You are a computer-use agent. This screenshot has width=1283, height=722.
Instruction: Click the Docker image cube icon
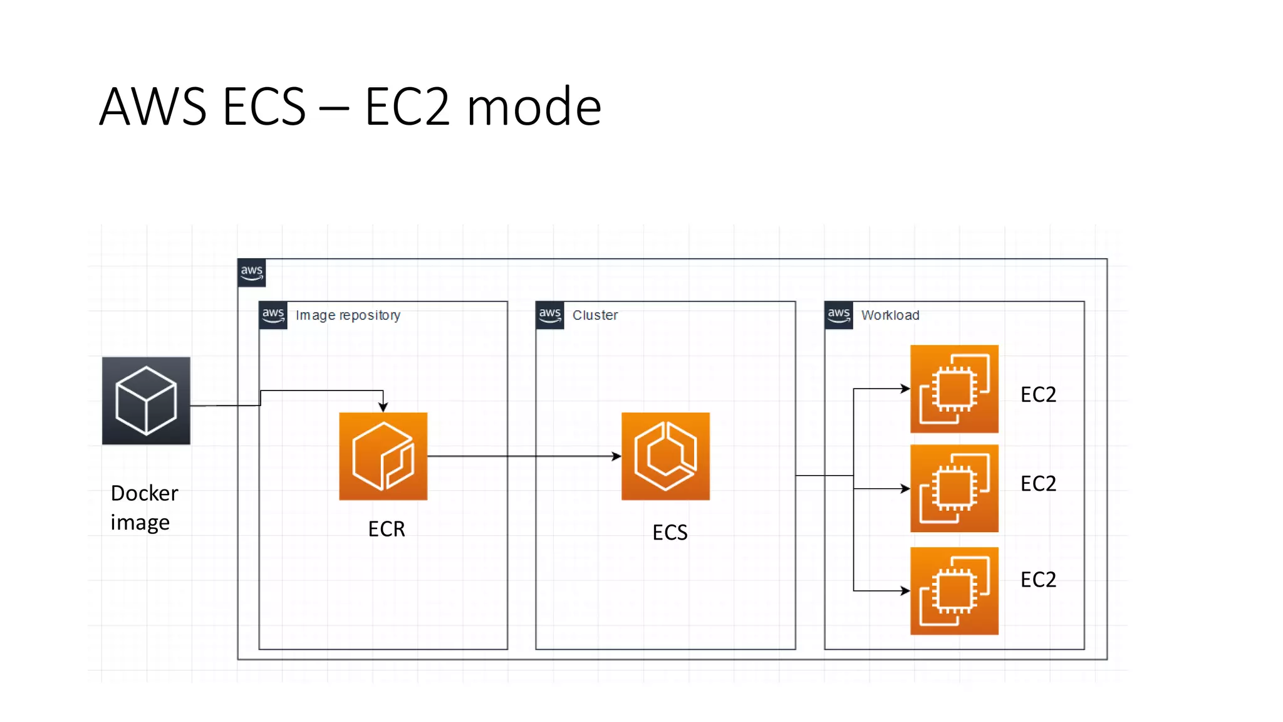coord(146,401)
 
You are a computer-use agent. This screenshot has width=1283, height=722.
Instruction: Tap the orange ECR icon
coord(383,456)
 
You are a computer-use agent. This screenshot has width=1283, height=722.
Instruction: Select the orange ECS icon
coord(665,456)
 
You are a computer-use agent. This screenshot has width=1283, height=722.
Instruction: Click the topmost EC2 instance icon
coord(954,389)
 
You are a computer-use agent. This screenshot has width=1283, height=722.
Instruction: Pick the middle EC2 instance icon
coord(954,488)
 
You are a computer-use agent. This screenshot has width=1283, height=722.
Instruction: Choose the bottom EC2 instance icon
coord(954,591)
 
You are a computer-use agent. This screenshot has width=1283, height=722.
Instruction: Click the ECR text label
coord(387,529)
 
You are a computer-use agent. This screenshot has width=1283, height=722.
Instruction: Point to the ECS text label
coord(670,532)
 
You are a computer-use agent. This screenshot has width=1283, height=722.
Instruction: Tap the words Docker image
coord(144,507)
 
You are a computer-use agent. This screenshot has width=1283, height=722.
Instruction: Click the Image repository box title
coord(348,315)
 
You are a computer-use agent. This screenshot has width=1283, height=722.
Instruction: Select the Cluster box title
coord(595,315)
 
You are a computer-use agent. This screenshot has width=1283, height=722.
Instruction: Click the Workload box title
coord(890,315)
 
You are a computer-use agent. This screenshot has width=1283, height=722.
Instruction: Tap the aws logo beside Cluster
coord(549,315)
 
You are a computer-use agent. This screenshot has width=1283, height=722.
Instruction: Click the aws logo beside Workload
coord(838,315)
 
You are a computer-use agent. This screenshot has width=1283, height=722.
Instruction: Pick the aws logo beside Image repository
coord(273,315)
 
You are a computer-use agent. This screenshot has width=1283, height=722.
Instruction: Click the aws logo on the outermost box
coord(252,273)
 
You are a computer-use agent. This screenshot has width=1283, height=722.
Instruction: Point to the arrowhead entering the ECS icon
coord(616,456)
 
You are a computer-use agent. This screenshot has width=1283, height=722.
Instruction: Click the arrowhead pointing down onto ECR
coord(383,407)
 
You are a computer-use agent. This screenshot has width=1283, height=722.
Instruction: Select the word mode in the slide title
coord(534,107)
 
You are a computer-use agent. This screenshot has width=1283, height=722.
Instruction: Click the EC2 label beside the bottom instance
coord(1038,579)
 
